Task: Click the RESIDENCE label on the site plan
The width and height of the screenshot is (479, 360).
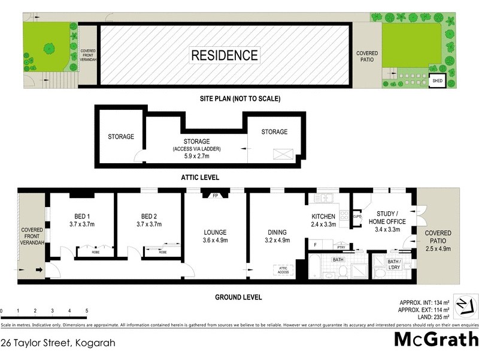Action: pyautogui.click(x=225, y=56)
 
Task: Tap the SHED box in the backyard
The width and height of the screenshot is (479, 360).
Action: pyautogui.click(x=437, y=83)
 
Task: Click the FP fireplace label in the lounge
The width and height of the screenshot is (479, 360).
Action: pyautogui.click(x=216, y=195)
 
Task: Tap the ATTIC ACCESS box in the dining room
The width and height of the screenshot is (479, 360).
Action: pyautogui.click(x=283, y=271)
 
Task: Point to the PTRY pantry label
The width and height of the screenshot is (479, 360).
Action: pyautogui.click(x=341, y=246)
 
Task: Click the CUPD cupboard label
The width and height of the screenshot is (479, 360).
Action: pyautogui.click(x=357, y=217)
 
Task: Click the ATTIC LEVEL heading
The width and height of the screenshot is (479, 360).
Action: pyautogui.click(x=199, y=178)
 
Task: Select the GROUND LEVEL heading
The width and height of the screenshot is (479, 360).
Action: pyautogui.click(x=238, y=297)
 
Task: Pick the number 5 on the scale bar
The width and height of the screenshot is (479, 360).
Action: pyautogui.click(x=87, y=311)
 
